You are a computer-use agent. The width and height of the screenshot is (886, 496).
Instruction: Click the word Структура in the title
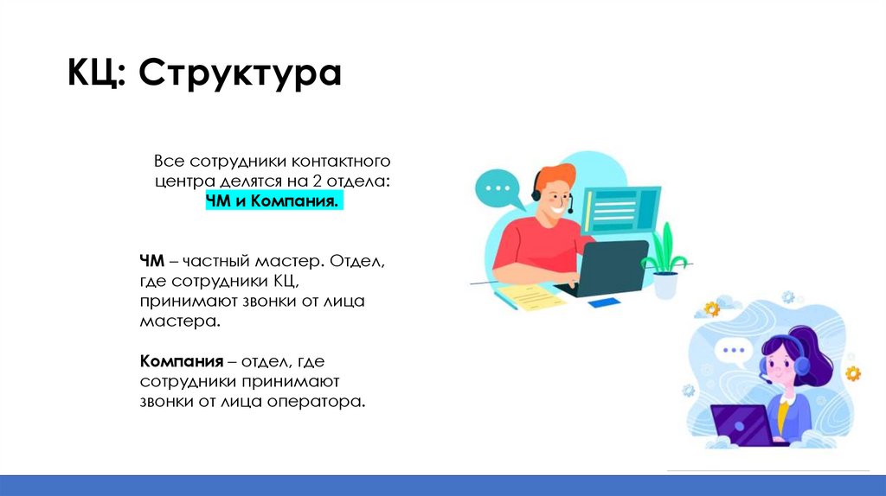[x=240, y=74]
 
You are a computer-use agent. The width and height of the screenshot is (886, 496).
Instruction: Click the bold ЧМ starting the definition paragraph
[x=151, y=261]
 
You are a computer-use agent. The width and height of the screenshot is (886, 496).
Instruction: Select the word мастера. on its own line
[x=180, y=321]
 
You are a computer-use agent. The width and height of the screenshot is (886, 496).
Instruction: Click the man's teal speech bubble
[x=498, y=188]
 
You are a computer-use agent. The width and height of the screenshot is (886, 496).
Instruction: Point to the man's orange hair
[x=553, y=177]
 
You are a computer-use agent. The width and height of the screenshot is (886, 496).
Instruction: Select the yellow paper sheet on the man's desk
[x=530, y=297]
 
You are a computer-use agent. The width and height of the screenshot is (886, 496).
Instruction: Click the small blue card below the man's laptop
[x=603, y=303]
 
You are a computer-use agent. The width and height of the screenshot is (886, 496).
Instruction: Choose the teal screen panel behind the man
[x=621, y=211]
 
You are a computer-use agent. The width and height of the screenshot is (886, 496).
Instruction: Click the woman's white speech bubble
[x=735, y=352]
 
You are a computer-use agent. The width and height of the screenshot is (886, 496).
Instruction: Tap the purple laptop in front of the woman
[x=742, y=424]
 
